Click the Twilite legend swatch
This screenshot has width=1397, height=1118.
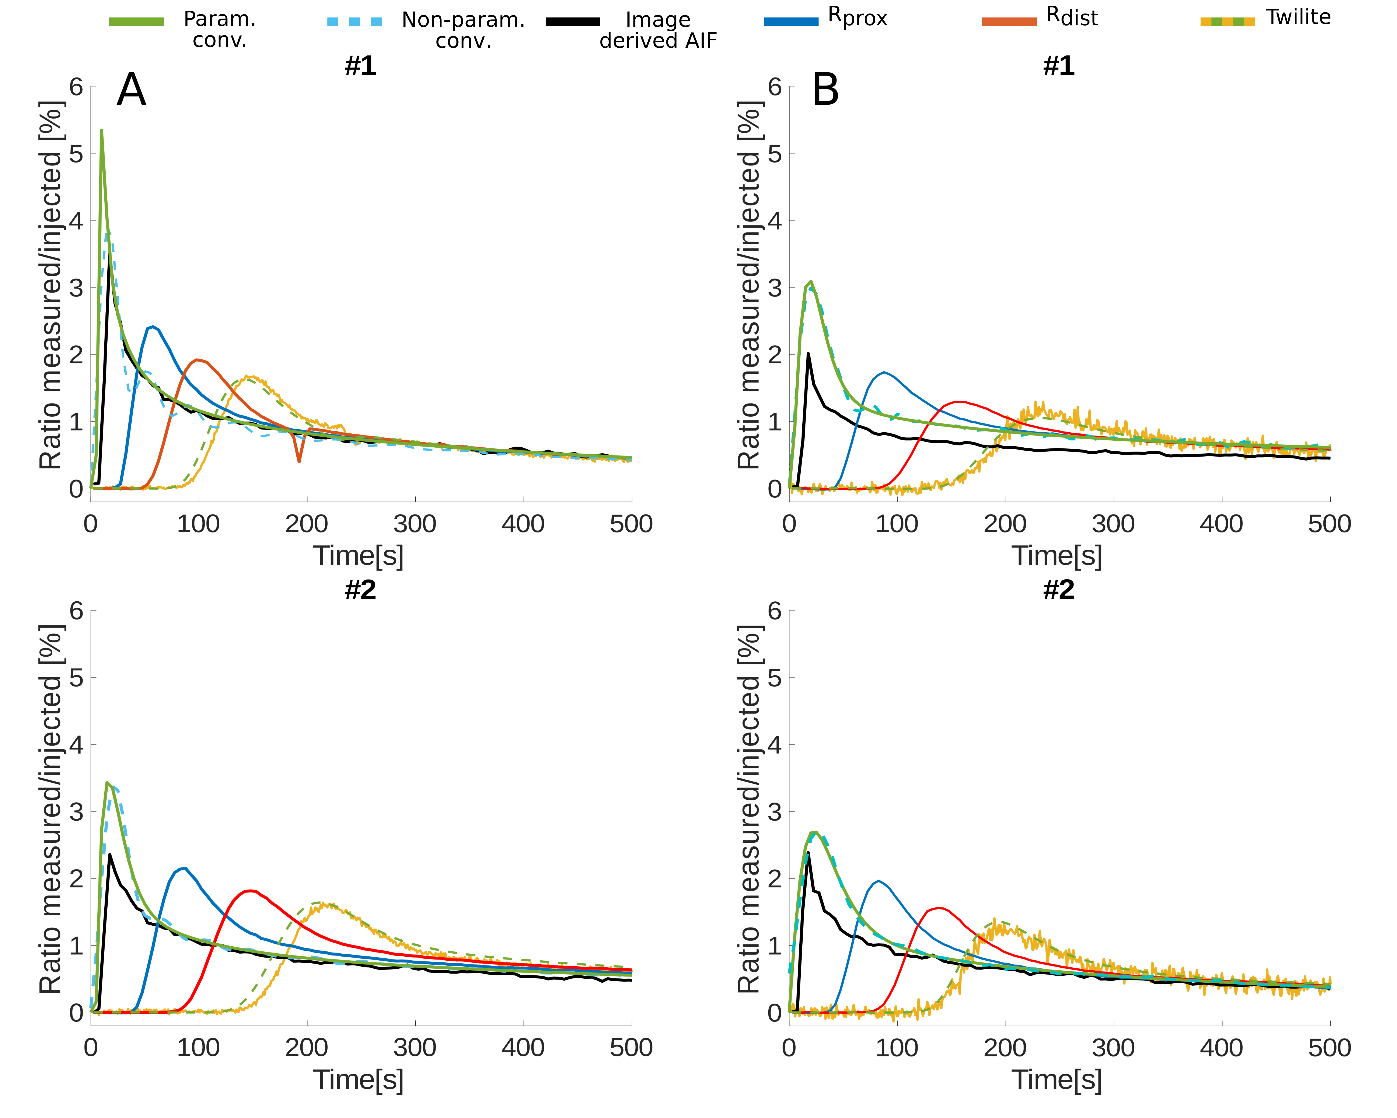pyautogui.click(x=1227, y=21)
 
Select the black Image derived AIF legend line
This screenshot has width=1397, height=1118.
pyautogui.click(x=573, y=21)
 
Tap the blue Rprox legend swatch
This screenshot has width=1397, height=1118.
pyautogui.click(x=791, y=21)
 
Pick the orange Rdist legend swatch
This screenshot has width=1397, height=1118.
pyautogui.click(x=1009, y=21)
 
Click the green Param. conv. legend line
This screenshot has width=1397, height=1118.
pyautogui.click(x=136, y=21)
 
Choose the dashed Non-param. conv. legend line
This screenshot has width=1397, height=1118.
pyautogui.click(x=354, y=21)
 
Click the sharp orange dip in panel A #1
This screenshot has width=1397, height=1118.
pyautogui.click(x=299, y=461)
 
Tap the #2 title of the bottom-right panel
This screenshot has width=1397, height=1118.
pyautogui.click(x=1059, y=590)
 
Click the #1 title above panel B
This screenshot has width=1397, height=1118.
pyautogui.click(x=1059, y=66)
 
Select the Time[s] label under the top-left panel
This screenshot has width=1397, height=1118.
pyautogui.click(x=358, y=556)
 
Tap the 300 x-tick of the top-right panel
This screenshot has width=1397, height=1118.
pyautogui.click(x=1113, y=524)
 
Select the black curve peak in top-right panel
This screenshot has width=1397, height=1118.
pyautogui.click(x=808, y=354)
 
